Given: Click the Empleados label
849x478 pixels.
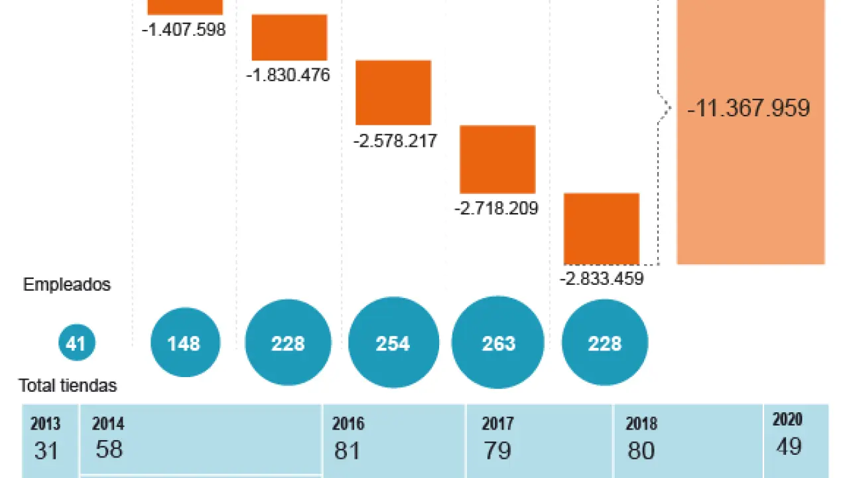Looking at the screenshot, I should [x=67, y=285].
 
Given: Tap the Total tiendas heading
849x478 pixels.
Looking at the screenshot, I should [x=68, y=385].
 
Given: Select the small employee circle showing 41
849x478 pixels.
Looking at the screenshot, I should [x=77, y=343].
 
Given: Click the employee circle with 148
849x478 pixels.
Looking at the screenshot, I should [x=184, y=343].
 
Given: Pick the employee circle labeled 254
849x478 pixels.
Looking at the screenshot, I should [x=393, y=343].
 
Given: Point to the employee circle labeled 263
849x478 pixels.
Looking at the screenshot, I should [x=498, y=343].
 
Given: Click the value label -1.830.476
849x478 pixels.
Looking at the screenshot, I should [x=288, y=75].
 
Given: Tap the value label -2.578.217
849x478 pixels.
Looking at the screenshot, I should [x=395, y=141].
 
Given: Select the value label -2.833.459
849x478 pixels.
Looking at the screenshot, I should [x=602, y=279].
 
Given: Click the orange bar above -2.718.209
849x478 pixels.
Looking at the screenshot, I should [x=497, y=159].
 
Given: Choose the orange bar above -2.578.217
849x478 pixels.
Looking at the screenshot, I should [x=393, y=92].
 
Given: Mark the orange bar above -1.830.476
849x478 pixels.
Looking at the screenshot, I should [x=289, y=37].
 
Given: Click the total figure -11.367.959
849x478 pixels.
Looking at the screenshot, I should [x=749, y=108].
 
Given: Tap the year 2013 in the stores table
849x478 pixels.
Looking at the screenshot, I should [x=45, y=424].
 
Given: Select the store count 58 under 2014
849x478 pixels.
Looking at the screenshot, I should [x=109, y=449].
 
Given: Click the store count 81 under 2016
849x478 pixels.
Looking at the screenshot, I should [x=347, y=451].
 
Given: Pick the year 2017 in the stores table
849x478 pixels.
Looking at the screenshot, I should [x=497, y=424].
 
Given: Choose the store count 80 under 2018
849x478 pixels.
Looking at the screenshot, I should [x=641, y=451].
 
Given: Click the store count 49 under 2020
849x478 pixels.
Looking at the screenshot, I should [x=788, y=447].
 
